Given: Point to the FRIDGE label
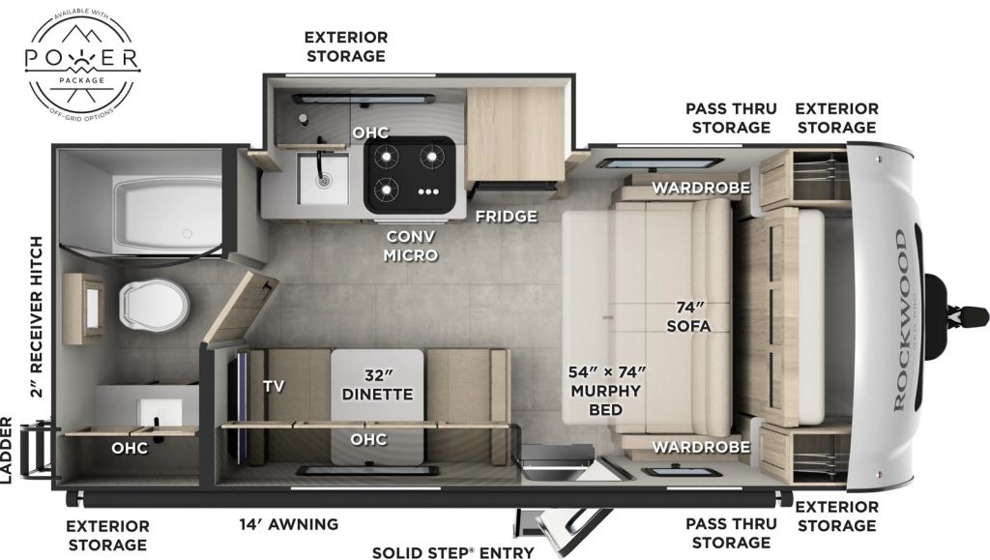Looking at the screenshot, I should tap(506, 216).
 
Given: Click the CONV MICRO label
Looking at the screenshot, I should tap(411, 246).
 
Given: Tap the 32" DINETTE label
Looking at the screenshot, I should tap(377, 384).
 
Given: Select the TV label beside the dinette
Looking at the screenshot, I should tap(274, 385).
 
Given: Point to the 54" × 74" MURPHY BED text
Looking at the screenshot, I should tap(605, 391).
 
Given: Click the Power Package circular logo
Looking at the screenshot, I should tap(82, 66).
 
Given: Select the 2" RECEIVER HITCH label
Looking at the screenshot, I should tap(37, 317).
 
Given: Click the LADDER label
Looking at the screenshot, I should tap(8, 450).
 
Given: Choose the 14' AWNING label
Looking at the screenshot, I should tap(289, 524).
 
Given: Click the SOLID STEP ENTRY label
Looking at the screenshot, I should tap(453, 552).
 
